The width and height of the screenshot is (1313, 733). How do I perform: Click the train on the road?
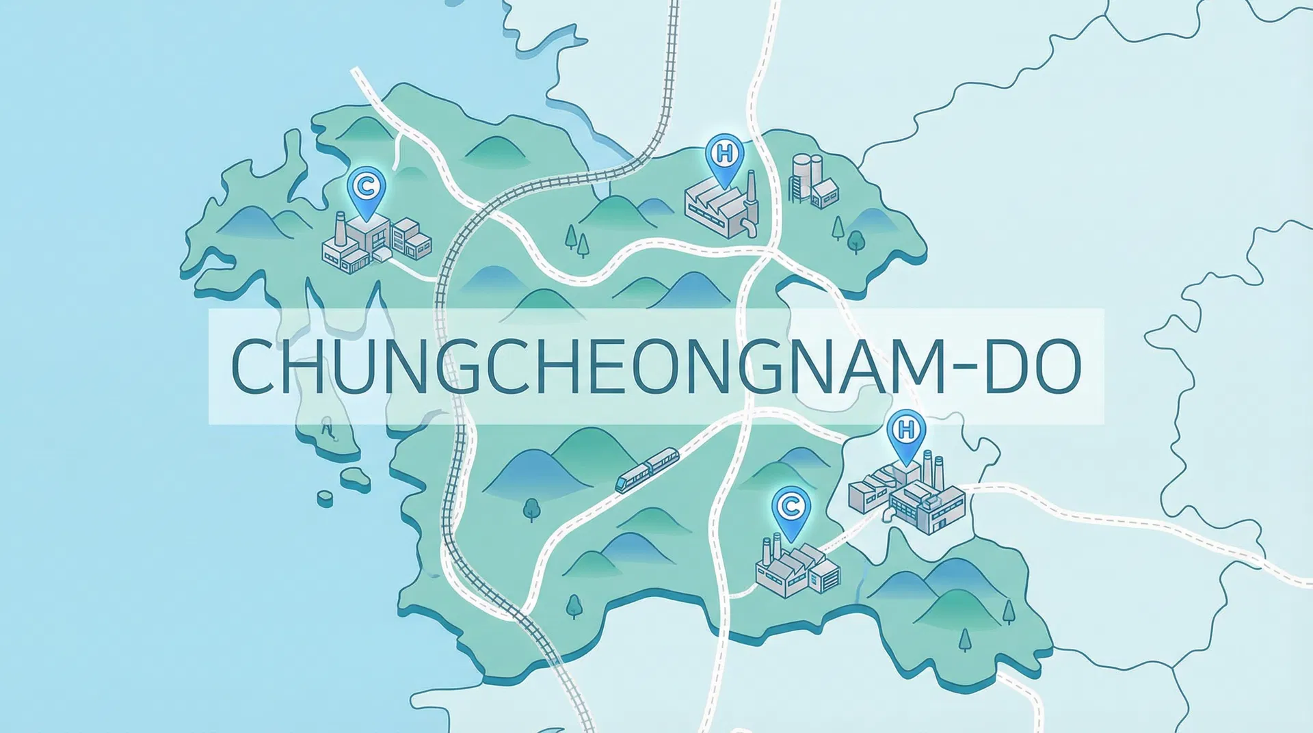tap(646, 470)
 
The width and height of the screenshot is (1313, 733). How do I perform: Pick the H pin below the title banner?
tap(905, 432)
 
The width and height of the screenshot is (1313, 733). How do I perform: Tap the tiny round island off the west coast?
tap(326, 497)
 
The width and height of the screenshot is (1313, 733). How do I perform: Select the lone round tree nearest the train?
tap(531, 509)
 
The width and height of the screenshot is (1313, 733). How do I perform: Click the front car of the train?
tap(628, 480)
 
